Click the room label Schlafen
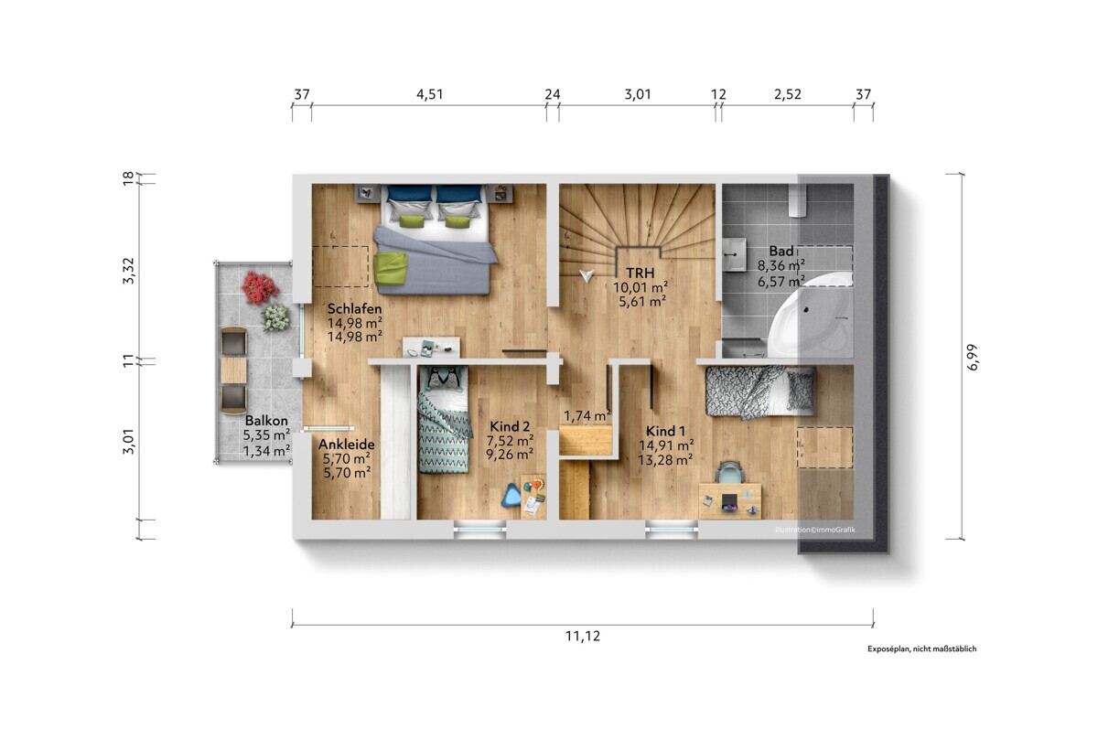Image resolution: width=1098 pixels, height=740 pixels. point(354,309)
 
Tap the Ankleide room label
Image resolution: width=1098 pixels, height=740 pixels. point(347,445)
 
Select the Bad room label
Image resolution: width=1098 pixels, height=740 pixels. point(780,251)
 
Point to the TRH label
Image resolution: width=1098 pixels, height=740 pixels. point(640,273)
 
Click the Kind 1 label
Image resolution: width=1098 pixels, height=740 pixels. point(665,431)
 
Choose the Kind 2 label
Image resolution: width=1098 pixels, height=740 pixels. point(510,426)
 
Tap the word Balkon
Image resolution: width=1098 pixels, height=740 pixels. point(266,421)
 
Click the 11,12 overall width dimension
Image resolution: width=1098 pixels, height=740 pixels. point(582,636)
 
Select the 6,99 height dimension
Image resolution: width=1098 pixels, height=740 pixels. point(973,357)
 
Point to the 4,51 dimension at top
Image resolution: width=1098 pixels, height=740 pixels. point(430,94)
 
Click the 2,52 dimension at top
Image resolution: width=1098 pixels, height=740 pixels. point(788,94)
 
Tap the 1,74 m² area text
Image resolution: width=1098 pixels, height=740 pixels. point(587,416)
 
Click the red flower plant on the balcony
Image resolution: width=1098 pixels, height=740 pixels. point(259,287)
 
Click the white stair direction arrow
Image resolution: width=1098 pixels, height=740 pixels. point(587,275)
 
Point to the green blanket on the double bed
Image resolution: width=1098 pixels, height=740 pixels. point(390,268)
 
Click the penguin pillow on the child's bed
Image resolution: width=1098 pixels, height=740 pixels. point(443,379)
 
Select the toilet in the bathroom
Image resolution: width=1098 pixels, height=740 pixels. point(798,200)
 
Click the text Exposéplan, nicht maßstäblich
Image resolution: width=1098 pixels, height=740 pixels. point(922,649)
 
